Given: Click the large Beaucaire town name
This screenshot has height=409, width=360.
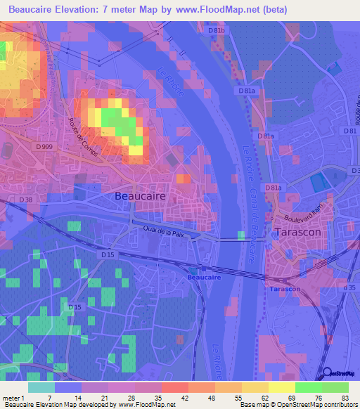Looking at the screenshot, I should coord(141,197).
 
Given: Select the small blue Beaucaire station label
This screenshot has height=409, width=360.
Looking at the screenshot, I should coord(204,278).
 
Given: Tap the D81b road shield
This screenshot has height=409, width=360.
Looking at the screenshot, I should coord(217,31).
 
